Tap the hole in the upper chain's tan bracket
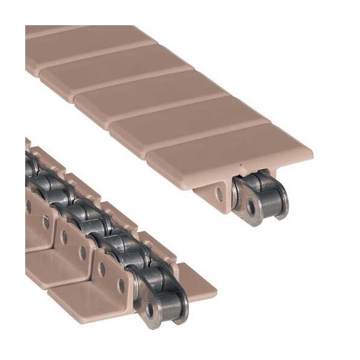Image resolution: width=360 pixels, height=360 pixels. [x=220, y=194]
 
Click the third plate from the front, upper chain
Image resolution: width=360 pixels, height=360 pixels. [x=150, y=96]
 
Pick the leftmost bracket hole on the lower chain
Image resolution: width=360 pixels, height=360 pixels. [x=28, y=207]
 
